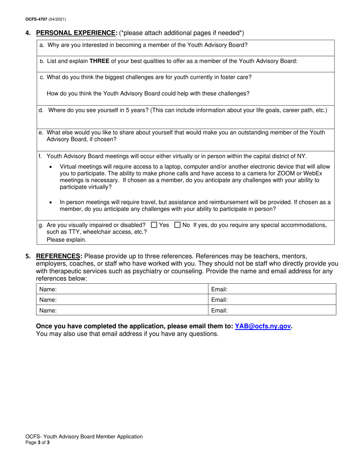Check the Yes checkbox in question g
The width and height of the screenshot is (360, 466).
click(154, 225)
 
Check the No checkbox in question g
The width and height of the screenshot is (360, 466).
click(177, 225)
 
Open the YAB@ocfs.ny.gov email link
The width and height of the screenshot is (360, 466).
click(263, 326)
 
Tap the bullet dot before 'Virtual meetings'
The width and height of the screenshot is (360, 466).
click(51, 167)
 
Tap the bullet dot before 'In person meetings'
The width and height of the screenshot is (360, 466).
click(51, 203)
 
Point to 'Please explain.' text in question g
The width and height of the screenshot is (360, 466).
click(66, 239)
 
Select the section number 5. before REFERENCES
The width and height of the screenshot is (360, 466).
click(28, 256)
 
